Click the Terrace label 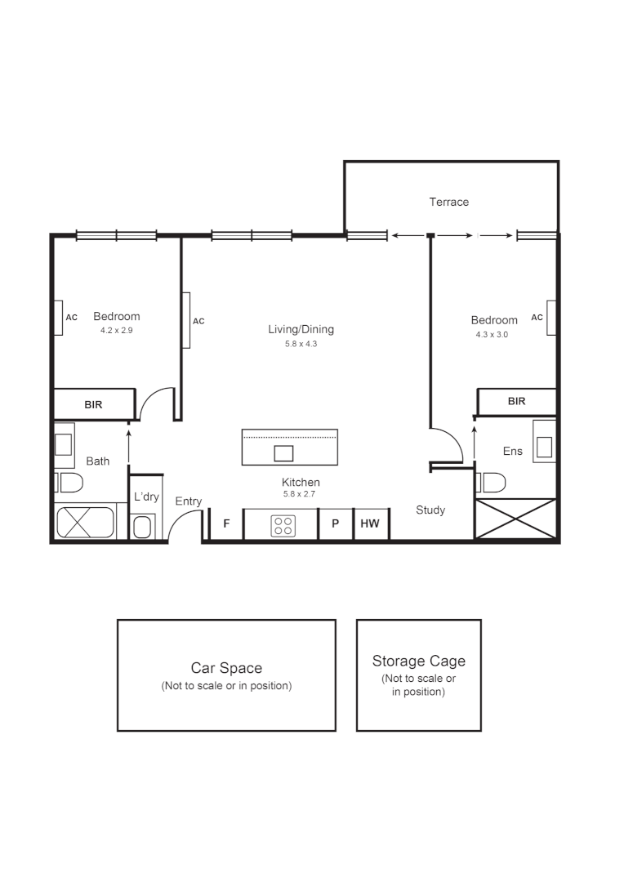(449, 202)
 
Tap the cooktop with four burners (283, 525)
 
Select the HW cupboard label (370, 524)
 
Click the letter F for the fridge (226, 524)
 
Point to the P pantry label (335, 524)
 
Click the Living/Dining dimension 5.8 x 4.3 (301, 344)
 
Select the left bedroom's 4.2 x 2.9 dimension (116, 331)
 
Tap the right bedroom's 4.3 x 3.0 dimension (492, 334)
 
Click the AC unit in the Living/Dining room (186, 320)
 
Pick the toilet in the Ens (492, 482)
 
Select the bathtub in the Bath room (86, 523)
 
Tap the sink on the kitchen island (283, 453)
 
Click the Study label (430, 510)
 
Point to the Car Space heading (226, 668)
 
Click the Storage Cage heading (418, 661)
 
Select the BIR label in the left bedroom (93, 404)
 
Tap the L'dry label (146, 497)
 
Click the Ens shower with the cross (515, 519)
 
